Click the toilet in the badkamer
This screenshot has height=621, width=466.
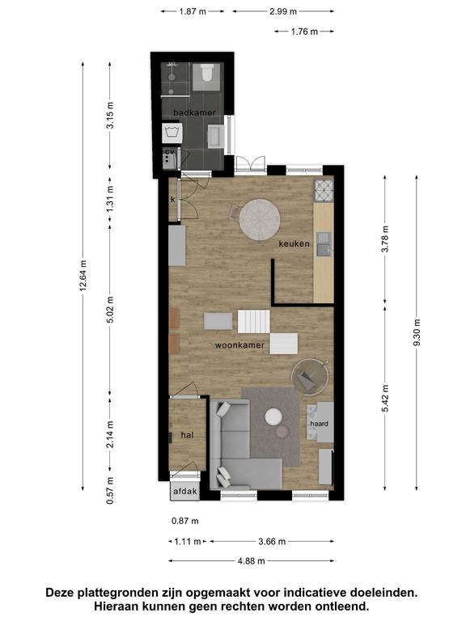coord(206,73)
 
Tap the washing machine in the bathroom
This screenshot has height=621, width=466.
coord(172,133)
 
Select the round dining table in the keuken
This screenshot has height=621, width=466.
coord(260,219)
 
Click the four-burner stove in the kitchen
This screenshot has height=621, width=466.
coord(324,191)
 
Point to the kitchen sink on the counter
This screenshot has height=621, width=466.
coord(324,244)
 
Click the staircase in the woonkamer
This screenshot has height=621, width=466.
coord(253,321)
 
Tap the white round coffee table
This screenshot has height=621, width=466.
coord(273,417)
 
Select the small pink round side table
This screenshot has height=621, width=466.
coord(282,431)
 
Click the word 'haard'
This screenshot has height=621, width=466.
coord(319,424)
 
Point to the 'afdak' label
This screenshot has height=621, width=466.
coord(185,492)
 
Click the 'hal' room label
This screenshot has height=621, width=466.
coord(187,435)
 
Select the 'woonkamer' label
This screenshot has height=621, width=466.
coord(239,345)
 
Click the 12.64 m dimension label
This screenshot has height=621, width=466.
coord(83,276)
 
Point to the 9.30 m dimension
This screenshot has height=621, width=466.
coord(417,332)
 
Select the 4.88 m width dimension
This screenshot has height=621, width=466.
coord(252,561)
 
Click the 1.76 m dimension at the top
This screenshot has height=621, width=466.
coord(304,32)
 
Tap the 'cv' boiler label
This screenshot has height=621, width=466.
coord(170,151)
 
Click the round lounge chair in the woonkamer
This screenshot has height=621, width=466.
coord(311,377)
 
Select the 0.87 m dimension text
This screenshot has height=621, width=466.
coord(185,521)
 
